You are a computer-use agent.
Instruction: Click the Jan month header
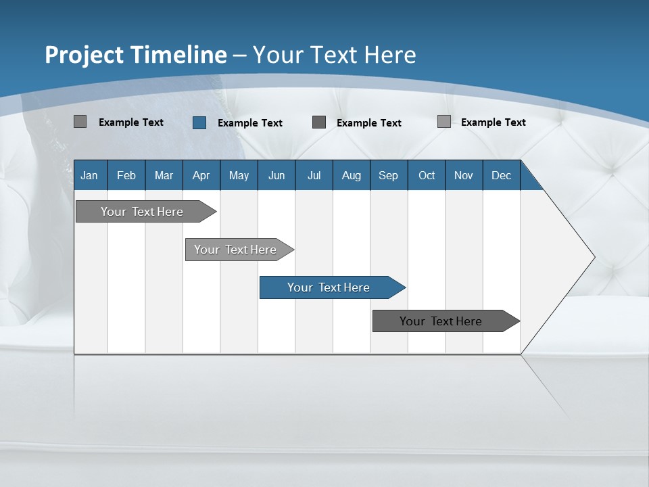90,175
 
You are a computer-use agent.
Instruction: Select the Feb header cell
126,175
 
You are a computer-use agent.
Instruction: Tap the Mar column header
164,175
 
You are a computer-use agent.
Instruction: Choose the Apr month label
201,175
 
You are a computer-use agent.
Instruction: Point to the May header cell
239,175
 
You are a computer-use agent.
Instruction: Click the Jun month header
277,175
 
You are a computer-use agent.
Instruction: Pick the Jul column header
314,175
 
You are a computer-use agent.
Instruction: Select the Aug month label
352,175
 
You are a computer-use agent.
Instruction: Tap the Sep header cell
389,175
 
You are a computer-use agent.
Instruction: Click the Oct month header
427,175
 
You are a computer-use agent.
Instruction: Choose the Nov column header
464,175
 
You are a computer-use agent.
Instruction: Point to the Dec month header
502,175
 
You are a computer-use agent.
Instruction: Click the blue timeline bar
329,287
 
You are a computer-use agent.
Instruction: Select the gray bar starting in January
142,212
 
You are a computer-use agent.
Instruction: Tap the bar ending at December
441,321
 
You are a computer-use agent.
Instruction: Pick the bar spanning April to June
235,250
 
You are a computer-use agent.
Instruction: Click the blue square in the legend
199,122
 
